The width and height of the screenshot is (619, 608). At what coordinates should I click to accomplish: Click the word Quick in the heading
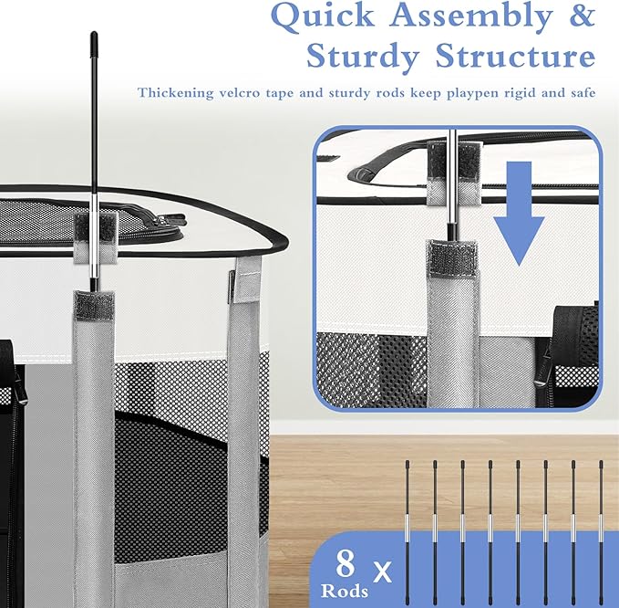click(x=323, y=16)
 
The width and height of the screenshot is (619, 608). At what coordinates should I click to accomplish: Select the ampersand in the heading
click(x=582, y=15)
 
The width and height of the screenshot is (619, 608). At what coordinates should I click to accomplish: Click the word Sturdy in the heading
click(x=362, y=58)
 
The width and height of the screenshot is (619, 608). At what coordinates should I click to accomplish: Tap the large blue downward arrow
click(x=519, y=214)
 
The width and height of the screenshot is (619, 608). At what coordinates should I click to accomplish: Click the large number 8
click(x=345, y=564)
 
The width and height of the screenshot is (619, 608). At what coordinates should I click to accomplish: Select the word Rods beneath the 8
click(x=345, y=591)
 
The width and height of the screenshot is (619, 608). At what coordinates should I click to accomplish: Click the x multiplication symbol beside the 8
click(x=381, y=571)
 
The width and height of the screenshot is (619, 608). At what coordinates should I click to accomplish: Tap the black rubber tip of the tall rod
click(x=94, y=38)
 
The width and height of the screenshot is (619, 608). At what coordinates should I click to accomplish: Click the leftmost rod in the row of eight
click(x=408, y=533)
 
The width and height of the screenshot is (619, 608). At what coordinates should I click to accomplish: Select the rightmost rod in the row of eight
click(x=602, y=533)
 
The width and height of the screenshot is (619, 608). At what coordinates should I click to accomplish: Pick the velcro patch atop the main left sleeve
click(x=94, y=306)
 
